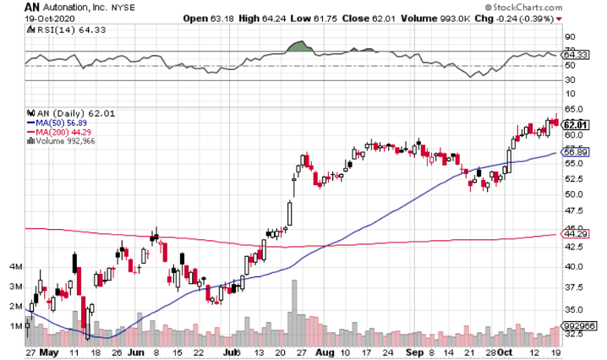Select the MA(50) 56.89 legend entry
pos(59,120)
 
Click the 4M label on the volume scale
pos(15,267)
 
